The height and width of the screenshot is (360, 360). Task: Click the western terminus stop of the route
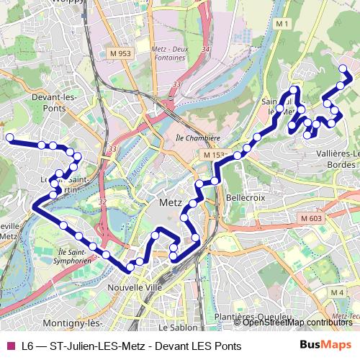(x=10, y=137)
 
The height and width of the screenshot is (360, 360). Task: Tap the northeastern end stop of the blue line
(x=343, y=69)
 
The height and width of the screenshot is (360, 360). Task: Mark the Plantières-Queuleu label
(x=250, y=317)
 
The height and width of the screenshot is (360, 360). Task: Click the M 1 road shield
(x=281, y=24)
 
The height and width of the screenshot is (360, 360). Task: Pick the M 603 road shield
(x=312, y=218)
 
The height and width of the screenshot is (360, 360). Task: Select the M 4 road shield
(x=336, y=292)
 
